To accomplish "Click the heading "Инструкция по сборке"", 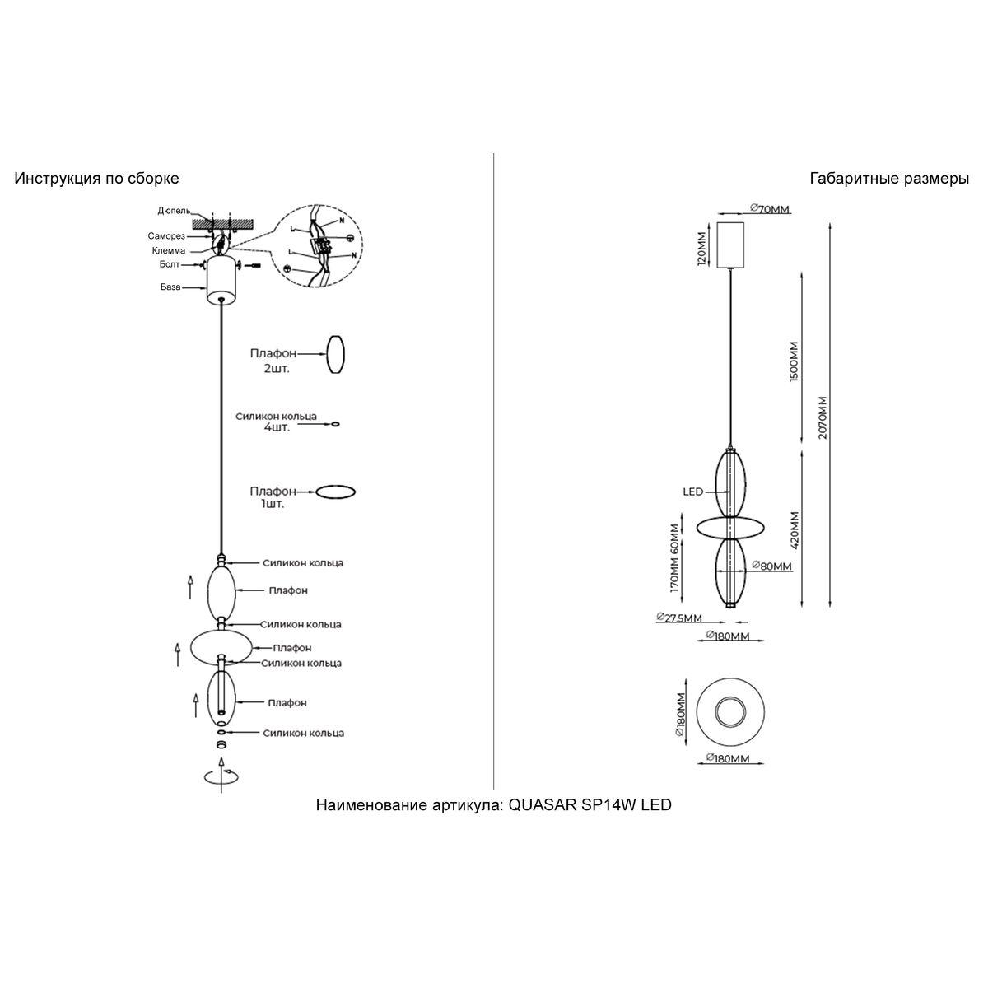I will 96,179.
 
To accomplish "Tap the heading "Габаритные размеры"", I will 889,179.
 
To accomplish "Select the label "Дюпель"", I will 174,211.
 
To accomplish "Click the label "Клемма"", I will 168,250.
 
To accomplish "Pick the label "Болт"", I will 170,265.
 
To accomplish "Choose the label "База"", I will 171,287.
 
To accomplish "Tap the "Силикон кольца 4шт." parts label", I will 275,422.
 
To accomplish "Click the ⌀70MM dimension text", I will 770,209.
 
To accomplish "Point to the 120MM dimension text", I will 701,248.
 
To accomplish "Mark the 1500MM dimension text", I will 794,361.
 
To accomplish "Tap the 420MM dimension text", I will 794,531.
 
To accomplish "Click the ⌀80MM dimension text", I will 771,566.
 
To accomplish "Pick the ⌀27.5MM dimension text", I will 679,618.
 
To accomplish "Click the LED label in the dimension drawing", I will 692,492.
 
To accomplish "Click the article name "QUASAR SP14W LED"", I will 590,805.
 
